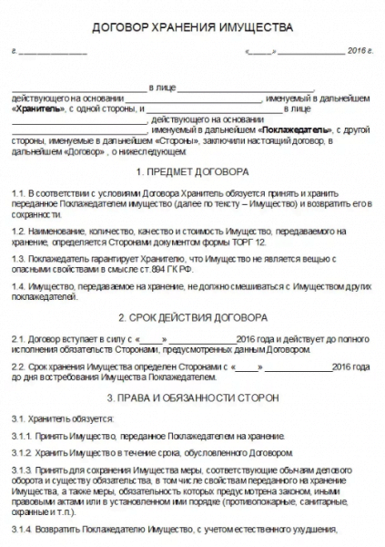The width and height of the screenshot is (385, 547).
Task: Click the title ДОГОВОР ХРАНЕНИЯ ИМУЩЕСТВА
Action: coord(193,28)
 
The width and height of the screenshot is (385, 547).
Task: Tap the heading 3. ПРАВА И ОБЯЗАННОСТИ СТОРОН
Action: coord(192,398)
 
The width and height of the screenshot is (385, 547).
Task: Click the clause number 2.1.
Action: coord(20,339)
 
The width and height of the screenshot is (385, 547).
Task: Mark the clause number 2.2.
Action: coord(20,366)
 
